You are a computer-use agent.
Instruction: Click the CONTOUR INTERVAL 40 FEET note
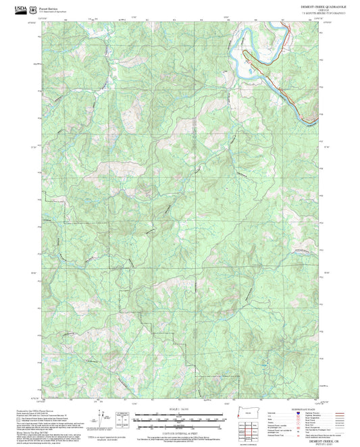pos(180,433)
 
